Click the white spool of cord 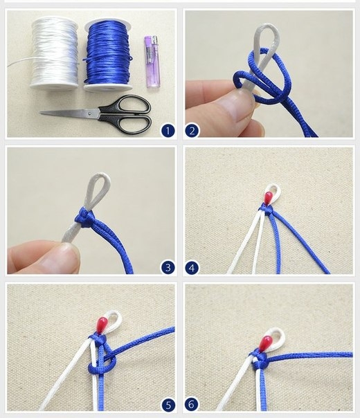[54, 53]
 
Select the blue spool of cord [108, 55]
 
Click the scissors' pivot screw [90, 113]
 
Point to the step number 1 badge [168, 131]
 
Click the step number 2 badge [192, 131]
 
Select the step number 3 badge [168, 267]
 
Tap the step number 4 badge [192, 267]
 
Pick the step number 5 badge [168, 405]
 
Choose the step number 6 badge [192, 405]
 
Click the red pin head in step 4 [268, 197]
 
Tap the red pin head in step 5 [102, 324]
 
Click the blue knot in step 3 [84, 218]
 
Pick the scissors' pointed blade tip [41, 113]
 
